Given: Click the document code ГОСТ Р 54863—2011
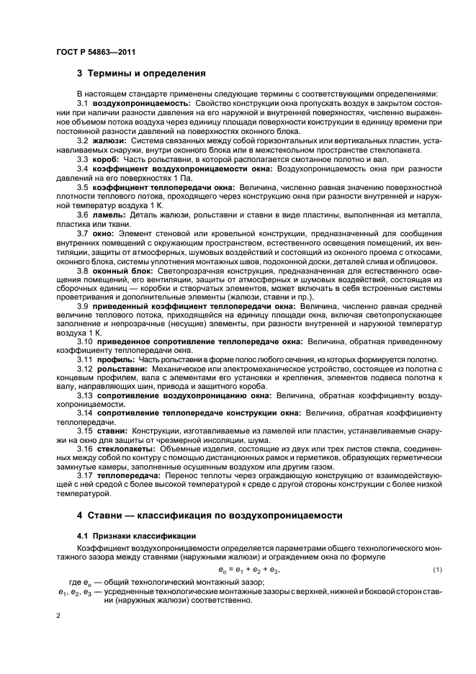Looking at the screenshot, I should pos(96,52).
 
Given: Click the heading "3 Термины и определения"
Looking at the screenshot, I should pos(141,73).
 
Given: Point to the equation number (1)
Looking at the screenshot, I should pos(436,570).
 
